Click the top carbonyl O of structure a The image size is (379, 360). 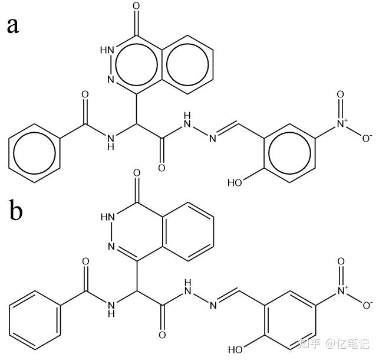tap(137, 7)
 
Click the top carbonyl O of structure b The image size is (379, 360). tap(137, 175)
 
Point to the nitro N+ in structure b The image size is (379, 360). tap(343, 290)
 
